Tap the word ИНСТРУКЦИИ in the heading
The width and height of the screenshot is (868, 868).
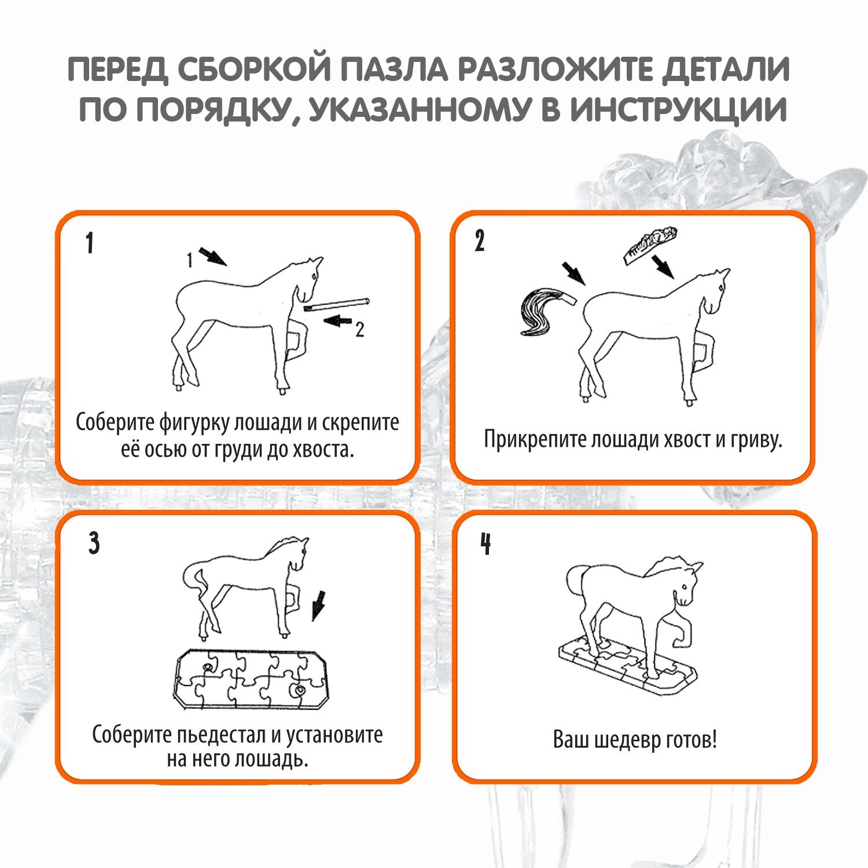[x=678, y=109]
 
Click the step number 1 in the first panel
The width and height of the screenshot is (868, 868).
[x=90, y=244]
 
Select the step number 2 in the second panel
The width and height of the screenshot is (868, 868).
[x=480, y=241]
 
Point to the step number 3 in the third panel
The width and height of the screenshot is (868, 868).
[x=94, y=543]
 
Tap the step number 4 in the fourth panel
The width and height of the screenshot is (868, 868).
[x=486, y=543]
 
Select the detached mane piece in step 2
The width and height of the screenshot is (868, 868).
[x=650, y=245]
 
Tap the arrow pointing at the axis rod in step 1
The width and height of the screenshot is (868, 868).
[x=338, y=320]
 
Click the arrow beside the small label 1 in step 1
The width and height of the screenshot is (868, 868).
[x=212, y=256]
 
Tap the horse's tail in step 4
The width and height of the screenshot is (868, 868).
[x=575, y=580]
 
